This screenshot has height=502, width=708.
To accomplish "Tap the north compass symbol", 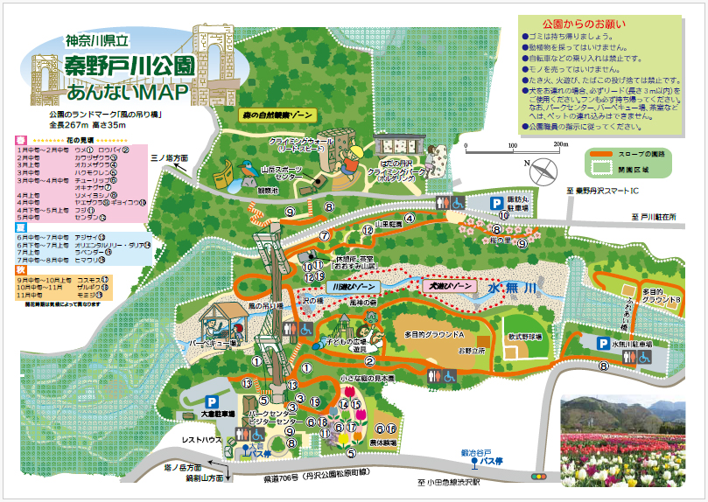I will point(543,168).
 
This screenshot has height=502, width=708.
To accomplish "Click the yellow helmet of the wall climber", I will point(354,152).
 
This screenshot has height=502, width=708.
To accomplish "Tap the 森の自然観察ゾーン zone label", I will point(277,114).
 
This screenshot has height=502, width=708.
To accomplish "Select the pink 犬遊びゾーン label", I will point(449,285).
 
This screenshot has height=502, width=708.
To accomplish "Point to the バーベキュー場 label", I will point(215,345).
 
